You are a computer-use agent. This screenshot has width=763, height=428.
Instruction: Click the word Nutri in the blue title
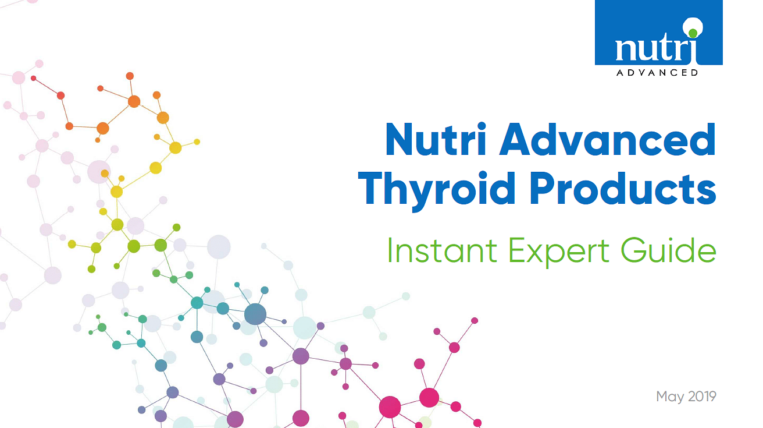coord(436,140)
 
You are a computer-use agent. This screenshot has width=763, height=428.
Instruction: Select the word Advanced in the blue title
coord(608,140)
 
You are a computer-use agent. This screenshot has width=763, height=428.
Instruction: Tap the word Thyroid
coord(437,190)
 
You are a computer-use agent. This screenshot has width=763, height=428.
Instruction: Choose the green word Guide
coord(668,250)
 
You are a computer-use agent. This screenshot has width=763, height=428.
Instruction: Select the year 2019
coord(702,397)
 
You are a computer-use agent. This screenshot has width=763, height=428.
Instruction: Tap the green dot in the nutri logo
coord(693,33)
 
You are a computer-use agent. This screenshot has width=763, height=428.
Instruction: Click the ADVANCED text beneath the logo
coord(657,72)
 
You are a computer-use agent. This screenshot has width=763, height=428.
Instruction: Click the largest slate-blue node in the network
coord(255,314)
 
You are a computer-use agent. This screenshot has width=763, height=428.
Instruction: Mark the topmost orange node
coord(130,76)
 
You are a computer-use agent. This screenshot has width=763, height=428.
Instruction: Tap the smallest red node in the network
coord(33,78)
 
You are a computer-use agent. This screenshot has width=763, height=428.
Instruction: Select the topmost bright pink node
coord(475,321)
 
